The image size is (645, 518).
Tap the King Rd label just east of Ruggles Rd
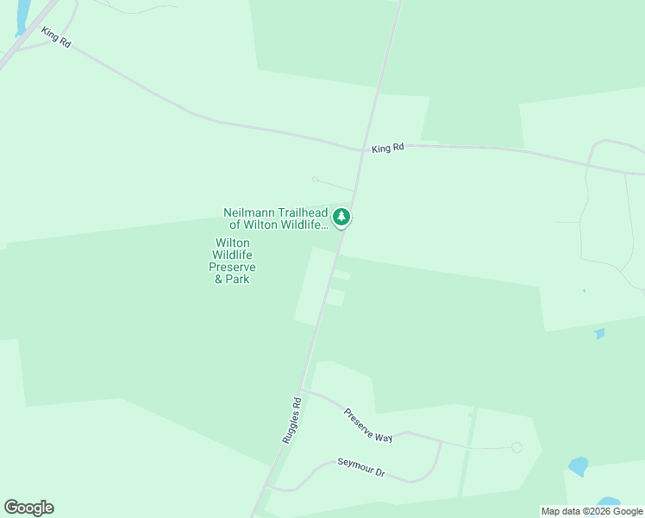tap(388, 148)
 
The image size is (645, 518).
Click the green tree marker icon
tap(342, 217)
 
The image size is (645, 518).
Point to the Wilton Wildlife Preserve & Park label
tap(233, 261)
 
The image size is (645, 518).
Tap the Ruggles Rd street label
tap(291, 420)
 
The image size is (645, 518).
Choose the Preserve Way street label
tap(368, 425)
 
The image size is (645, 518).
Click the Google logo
tap(28, 508)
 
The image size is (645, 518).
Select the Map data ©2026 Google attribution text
tap(592, 511)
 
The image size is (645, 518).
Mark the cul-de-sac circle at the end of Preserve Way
tap(517, 447)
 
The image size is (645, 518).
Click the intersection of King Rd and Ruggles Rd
tap(360, 149)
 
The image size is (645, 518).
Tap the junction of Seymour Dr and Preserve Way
tap(441, 442)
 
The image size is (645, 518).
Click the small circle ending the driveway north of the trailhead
tap(315, 180)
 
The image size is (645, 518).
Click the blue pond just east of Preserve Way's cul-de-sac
tap(578, 467)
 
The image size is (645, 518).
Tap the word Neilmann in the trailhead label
tap(249, 212)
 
